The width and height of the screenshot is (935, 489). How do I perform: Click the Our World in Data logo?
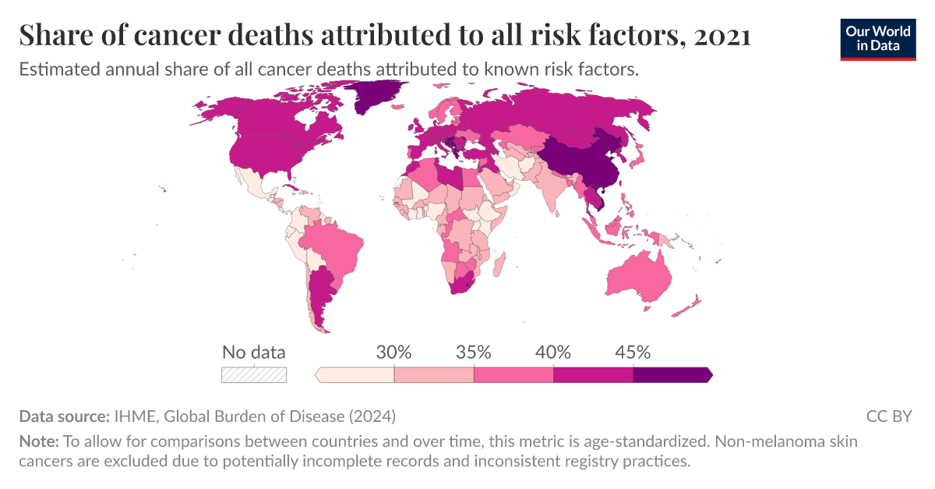point(877,37)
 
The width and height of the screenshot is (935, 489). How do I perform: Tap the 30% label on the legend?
point(393,352)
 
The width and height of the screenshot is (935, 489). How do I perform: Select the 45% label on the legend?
point(633,352)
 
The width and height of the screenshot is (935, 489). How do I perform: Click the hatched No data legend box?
point(254,375)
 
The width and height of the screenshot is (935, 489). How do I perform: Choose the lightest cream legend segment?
point(357,375)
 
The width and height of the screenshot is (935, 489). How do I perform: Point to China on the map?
point(580,160)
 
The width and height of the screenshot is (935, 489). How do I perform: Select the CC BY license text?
point(888,416)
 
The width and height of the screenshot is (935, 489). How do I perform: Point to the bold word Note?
point(38,441)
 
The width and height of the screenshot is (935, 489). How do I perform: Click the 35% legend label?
point(474,352)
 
